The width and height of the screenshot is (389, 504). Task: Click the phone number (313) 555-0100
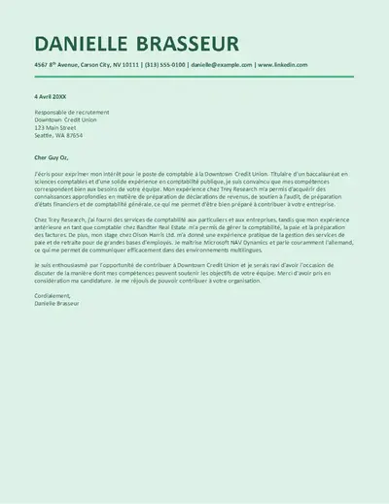[164, 65]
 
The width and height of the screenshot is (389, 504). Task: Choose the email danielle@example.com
[221, 65]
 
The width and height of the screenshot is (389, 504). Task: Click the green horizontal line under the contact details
[194, 76]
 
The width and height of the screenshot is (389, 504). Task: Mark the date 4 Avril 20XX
[51, 96]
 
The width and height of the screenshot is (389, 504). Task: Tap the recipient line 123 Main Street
[54, 127]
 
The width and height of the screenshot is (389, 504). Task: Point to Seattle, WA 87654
[58, 135]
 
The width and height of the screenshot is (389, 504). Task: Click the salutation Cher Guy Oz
[53, 156]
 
